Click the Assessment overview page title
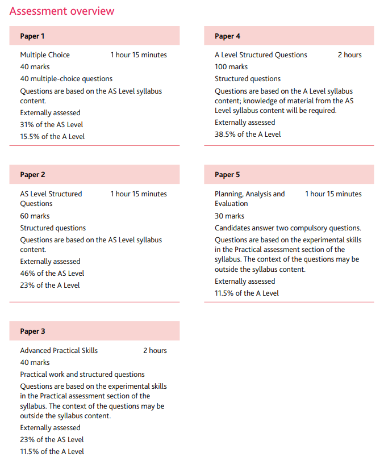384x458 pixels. (62, 11)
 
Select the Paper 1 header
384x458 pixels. (32, 36)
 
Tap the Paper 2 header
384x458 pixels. (32, 175)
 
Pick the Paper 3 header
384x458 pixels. (32, 331)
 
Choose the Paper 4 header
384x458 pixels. (227, 36)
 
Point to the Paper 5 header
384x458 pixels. (227, 175)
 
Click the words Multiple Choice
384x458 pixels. (45, 55)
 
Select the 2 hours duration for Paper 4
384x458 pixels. (349, 55)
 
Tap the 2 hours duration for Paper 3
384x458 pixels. (155, 351)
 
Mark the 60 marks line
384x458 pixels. (35, 216)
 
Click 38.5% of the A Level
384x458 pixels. (248, 135)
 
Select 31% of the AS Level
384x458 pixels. (52, 125)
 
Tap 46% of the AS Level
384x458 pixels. (52, 274)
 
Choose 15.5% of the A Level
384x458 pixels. (52, 137)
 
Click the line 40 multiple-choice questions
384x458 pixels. (66, 79)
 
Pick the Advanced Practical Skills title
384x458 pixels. (59, 351)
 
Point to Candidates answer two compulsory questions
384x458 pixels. (287, 228)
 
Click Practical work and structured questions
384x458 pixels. (82, 375)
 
